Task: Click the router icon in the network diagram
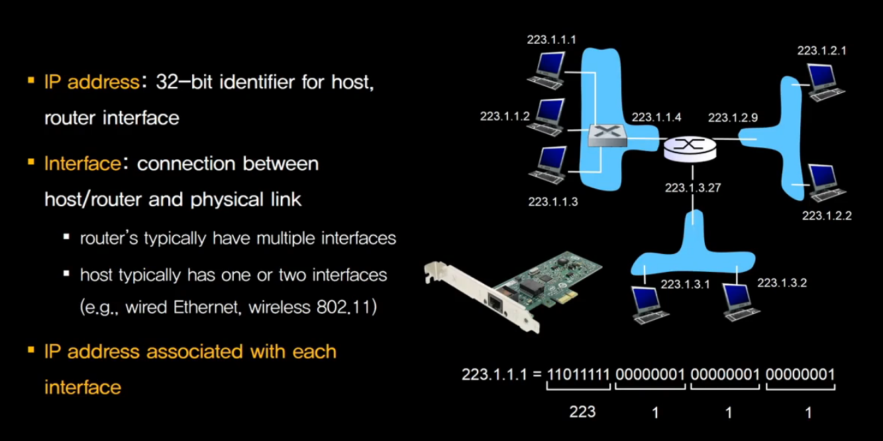click(x=690, y=147)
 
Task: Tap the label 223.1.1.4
click(x=656, y=117)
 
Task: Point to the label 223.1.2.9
click(x=733, y=117)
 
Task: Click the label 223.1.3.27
click(x=693, y=188)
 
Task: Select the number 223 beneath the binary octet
click(x=583, y=412)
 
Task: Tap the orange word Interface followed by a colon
click(x=82, y=163)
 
